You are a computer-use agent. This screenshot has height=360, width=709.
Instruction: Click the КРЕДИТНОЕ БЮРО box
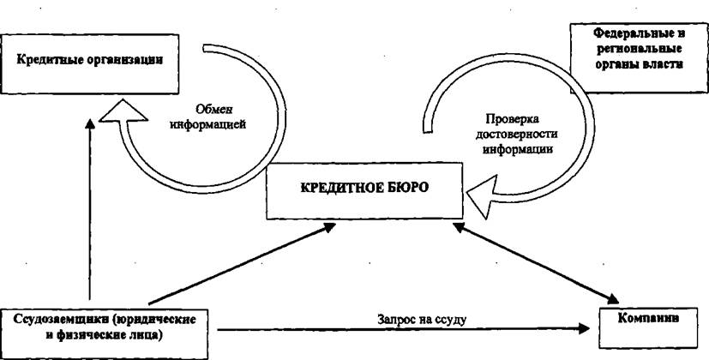pyautogui.click(x=364, y=191)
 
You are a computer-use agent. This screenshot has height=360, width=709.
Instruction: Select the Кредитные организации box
pyautogui.click(x=89, y=64)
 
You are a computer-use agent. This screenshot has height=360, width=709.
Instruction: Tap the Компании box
pyautogui.click(x=648, y=327)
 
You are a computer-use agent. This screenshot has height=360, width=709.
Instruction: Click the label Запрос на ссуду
pyautogui.click(x=422, y=320)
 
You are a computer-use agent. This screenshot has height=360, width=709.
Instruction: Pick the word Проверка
pyautogui.click(x=512, y=119)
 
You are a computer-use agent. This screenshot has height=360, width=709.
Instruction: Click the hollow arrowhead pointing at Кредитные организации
pyautogui.click(x=123, y=111)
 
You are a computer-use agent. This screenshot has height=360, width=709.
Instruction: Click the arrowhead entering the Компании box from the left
pyautogui.click(x=584, y=328)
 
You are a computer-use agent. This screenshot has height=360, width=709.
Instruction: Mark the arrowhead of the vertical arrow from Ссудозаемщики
pyautogui.click(x=90, y=124)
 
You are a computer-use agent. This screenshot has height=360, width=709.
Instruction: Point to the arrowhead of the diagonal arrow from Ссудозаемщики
pyautogui.click(x=327, y=227)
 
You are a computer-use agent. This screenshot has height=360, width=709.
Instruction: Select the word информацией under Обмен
pyautogui.click(x=208, y=124)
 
